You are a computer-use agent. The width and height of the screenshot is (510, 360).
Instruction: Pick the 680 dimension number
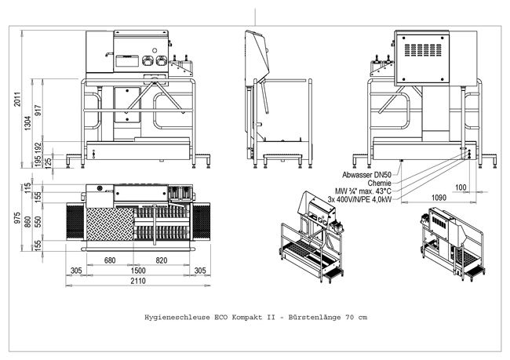click(x=110, y=259)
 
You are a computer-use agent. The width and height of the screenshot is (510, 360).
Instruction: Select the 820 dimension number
click(x=162, y=259)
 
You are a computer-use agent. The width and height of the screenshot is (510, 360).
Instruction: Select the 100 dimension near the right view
click(x=461, y=187)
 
